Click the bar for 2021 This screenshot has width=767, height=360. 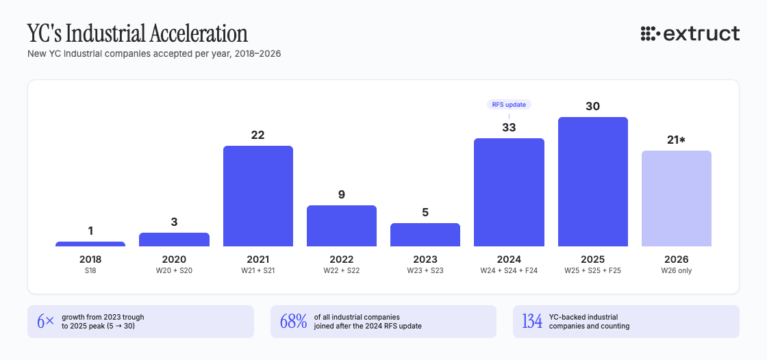258,196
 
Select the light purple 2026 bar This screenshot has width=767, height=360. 677,198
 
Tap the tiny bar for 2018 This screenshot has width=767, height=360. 90,244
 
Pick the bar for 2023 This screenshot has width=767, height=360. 425,235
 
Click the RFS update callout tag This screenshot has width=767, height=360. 510,105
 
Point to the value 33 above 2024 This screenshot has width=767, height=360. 509,127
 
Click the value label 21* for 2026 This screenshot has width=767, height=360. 677,140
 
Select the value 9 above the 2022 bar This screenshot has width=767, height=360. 342,194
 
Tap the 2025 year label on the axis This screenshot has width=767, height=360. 593,259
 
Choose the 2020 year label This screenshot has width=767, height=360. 174,259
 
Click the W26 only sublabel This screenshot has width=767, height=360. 677,270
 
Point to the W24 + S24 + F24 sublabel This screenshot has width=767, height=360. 509,270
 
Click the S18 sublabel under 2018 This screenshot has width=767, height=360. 90,270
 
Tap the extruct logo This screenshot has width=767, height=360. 690,33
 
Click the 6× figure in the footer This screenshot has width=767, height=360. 45,322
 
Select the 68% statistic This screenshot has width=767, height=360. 294,322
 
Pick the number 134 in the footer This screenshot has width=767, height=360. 532,322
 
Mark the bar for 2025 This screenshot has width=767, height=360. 593,181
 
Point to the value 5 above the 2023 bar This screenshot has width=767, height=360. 425,212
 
